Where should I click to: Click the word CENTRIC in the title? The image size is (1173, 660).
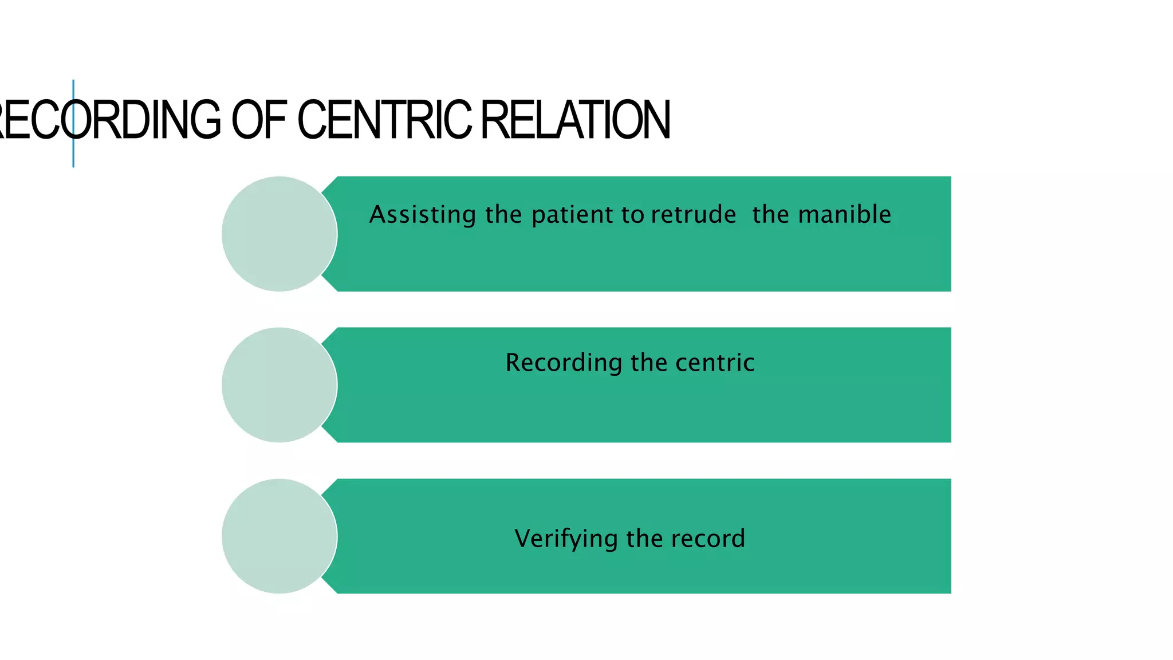click(384, 120)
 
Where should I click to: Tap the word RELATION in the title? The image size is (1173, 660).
click(575, 120)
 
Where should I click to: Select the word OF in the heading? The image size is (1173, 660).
click(258, 120)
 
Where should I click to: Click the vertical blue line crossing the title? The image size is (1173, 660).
click(73, 155)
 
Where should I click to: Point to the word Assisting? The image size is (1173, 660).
click(423, 215)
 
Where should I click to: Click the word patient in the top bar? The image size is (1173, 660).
click(572, 215)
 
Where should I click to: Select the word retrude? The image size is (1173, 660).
click(693, 215)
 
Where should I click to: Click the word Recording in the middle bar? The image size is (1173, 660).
click(564, 363)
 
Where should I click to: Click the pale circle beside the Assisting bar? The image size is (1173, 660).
click(279, 234)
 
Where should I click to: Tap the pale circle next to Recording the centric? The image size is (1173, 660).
click(279, 385)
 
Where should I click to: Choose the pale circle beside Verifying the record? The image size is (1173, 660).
click(279, 536)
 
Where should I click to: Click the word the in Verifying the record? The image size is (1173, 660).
click(644, 539)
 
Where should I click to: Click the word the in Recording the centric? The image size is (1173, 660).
click(649, 363)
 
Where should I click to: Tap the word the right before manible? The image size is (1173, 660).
click(770, 215)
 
